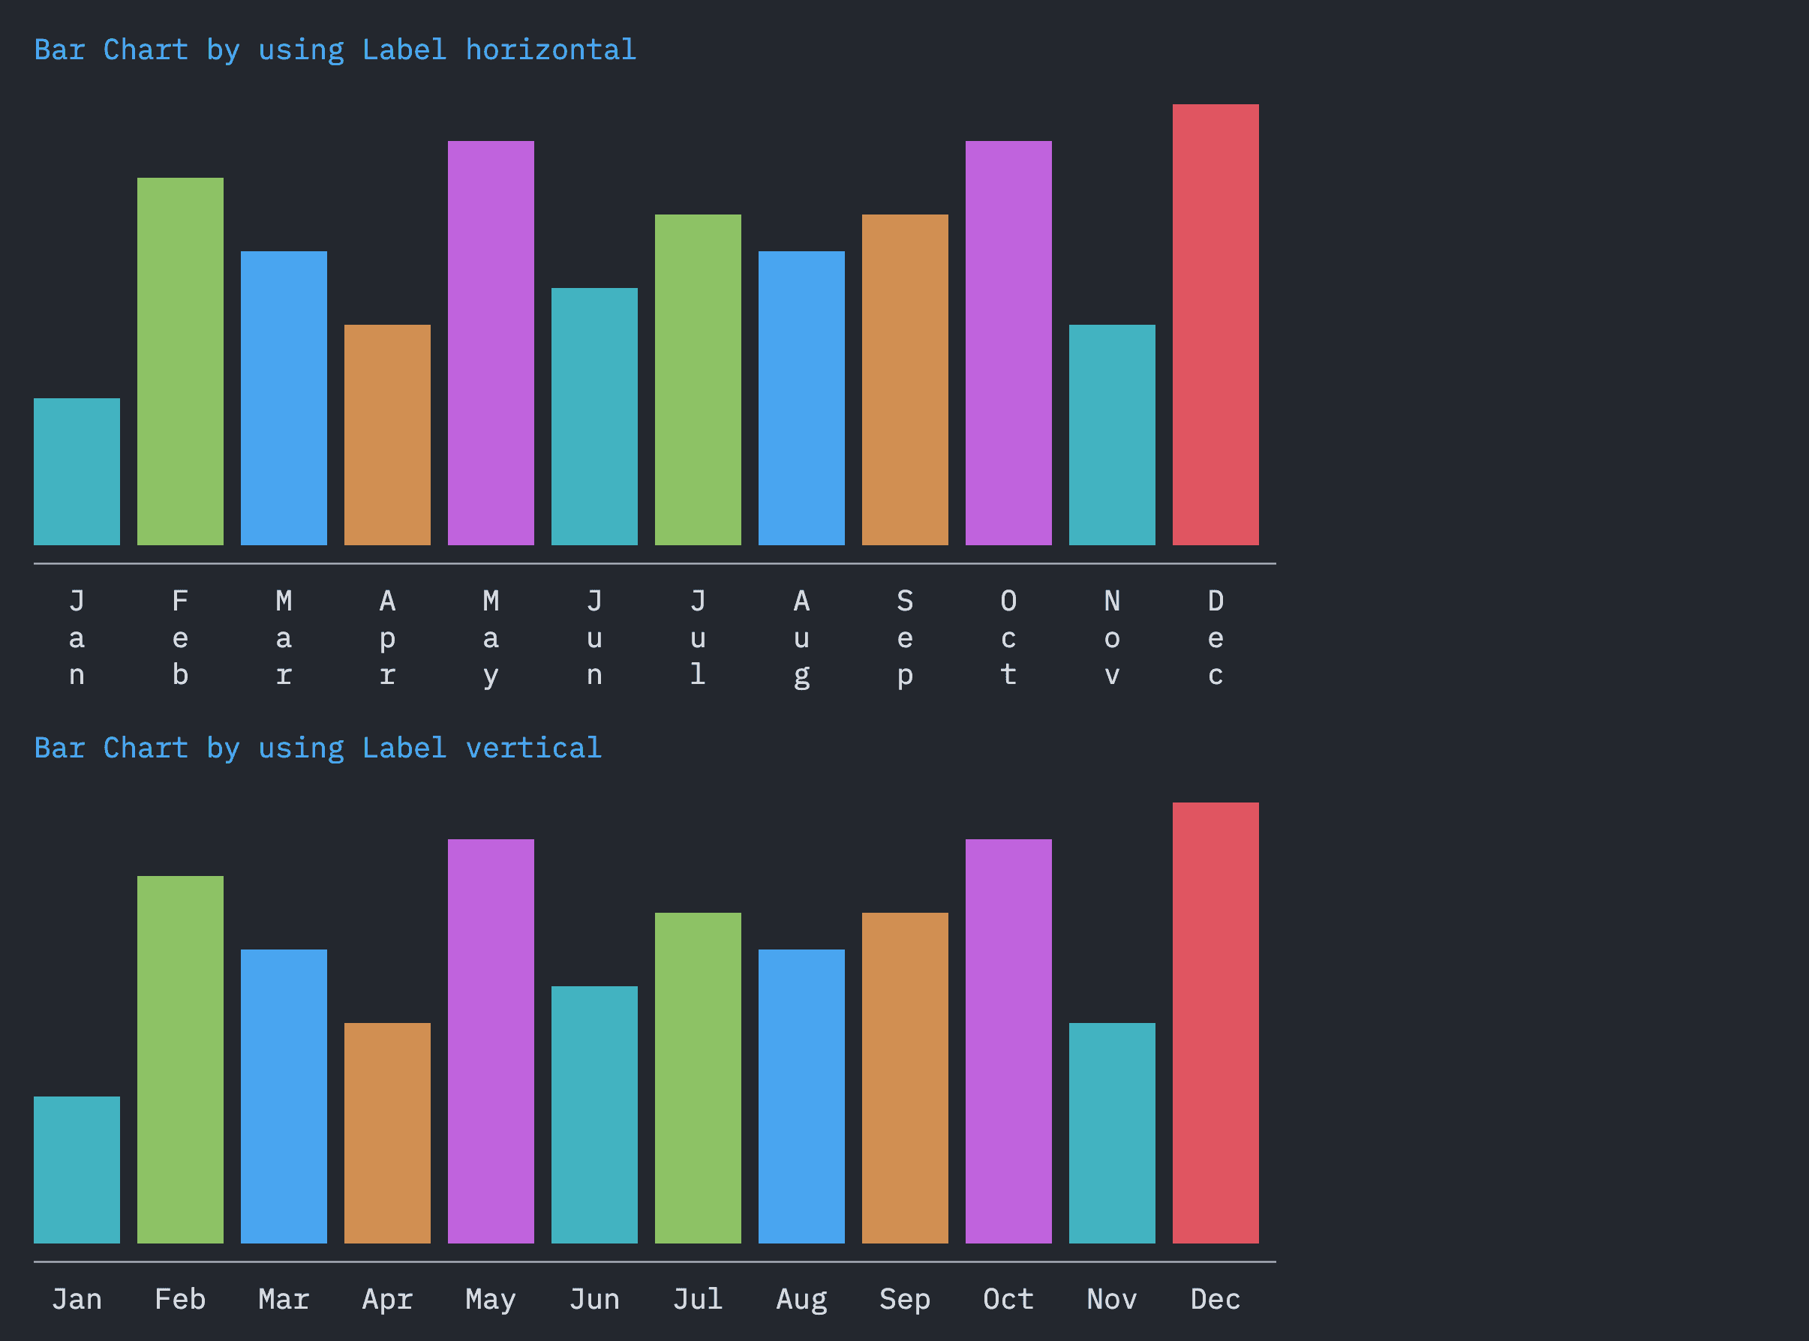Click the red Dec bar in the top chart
tap(1216, 325)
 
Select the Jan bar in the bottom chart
tap(77, 1170)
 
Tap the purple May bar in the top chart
tap(491, 343)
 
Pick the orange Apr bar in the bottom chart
tap(387, 1133)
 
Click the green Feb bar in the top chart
tap(180, 361)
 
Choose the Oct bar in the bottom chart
tap(1008, 1042)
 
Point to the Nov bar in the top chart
tap(1111, 435)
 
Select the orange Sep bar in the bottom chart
tap(905, 1078)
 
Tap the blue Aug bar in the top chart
tap(801, 397)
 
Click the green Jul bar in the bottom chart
tap(698, 1078)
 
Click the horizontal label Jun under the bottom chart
tap(594, 1300)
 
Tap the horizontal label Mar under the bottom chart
tap(284, 1300)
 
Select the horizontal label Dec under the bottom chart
tap(1216, 1300)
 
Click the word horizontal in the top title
tap(551, 50)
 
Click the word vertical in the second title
tap(533, 748)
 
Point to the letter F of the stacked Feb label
tap(180, 601)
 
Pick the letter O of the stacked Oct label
tap(1008, 601)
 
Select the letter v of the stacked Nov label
tap(1111, 675)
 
